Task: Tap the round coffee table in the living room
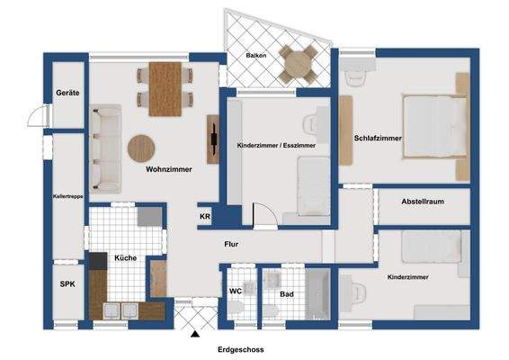[142, 147]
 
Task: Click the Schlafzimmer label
[378, 138]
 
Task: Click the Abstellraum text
[423, 202]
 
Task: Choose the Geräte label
[67, 93]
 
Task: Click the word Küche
[125, 258]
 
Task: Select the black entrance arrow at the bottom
[194, 335]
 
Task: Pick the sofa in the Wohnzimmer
[107, 148]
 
